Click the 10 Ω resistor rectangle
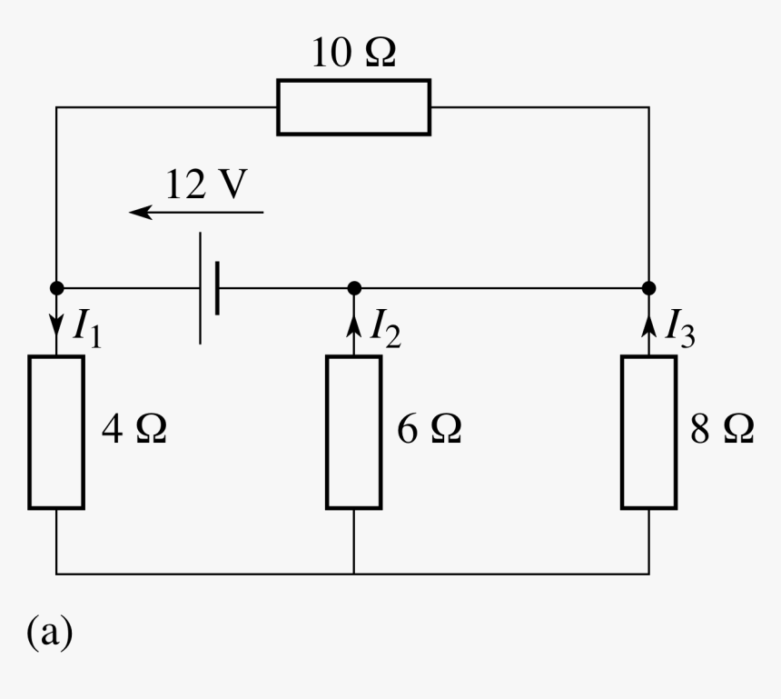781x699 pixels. [x=353, y=107]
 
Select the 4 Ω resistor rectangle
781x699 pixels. [x=56, y=431]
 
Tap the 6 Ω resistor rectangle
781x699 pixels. [x=353, y=431]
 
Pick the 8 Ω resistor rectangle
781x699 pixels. [x=648, y=431]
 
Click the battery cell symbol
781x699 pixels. [x=209, y=288]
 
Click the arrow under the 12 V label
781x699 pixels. [x=196, y=213]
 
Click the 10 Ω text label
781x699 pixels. [x=353, y=55]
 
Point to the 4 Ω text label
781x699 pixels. [x=133, y=430]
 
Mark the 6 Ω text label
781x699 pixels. [x=430, y=430]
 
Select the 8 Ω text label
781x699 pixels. [x=723, y=430]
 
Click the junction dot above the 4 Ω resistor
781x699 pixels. [x=56, y=288]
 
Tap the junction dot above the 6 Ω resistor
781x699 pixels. [x=354, y=288]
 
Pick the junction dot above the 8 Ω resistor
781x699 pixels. [x=648, y=288]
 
